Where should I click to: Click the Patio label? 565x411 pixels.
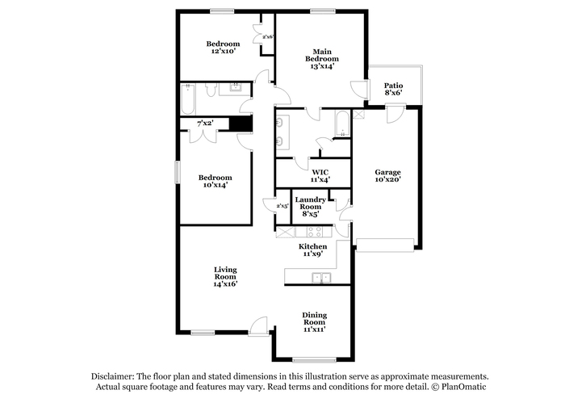[x=393, y=89]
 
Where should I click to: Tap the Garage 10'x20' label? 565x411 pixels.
[x=387, y=175]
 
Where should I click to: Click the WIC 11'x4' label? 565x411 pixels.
[x=320, y=175]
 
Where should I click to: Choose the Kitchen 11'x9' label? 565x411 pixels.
[x=313, y=250]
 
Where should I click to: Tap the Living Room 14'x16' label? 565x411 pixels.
[x=225, y=276]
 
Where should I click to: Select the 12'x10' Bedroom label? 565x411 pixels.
[x=223, y=47]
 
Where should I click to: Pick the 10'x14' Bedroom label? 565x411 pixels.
[x=216, y=181]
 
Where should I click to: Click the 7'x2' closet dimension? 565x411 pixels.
[x=205, y=124]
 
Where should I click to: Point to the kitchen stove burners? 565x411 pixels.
[x=314, y=232]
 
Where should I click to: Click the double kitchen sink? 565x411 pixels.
[x=321, y=278]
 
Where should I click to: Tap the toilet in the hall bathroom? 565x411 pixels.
[x=211, y=90]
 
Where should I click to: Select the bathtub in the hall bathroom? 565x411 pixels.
[x=187, y=99]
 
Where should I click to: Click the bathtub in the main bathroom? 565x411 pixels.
[x=342, y=124]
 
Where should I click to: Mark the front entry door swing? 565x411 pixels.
[x=258, y=326]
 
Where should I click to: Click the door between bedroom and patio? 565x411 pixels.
[x=360, y=89]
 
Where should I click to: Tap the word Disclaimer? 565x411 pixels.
[x=112, y=377]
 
